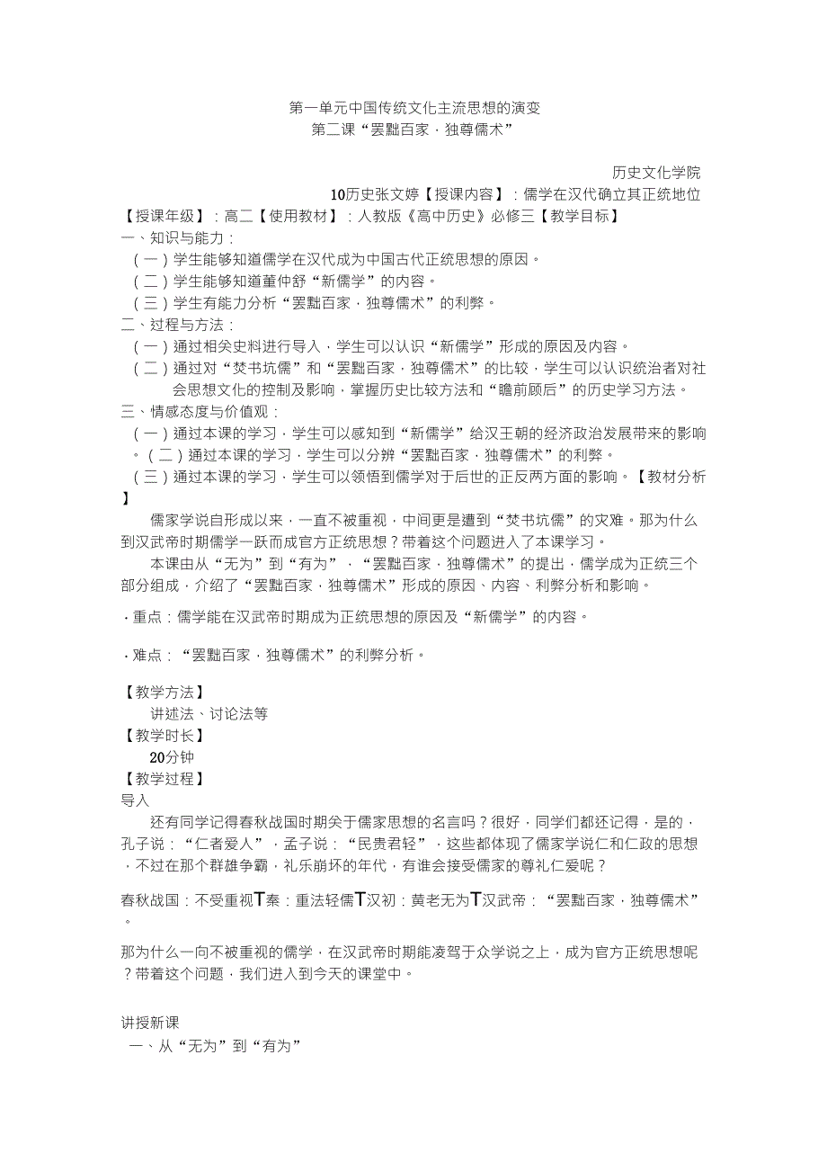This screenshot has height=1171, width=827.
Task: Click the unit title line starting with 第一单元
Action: [x=414, y=108]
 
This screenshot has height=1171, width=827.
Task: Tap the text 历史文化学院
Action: [x=656, y=173]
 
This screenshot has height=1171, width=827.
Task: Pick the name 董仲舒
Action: [x=313, y=282]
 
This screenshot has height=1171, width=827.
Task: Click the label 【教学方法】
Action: [x=164, y=693]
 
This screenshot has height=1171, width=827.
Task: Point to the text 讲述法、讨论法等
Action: [x=209, y=714]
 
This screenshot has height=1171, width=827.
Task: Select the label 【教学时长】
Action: [x=164, y=736]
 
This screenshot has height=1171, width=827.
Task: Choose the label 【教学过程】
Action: [x=164, y=779]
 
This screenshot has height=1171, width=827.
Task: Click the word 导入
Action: [x=136, y=800]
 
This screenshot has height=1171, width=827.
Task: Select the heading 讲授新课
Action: [x=150, y=1023]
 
